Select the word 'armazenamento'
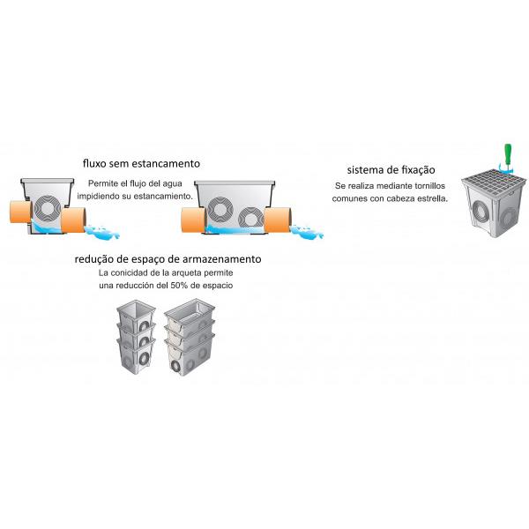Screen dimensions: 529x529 click(220, 260)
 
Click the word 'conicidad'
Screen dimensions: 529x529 click(139, 273)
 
